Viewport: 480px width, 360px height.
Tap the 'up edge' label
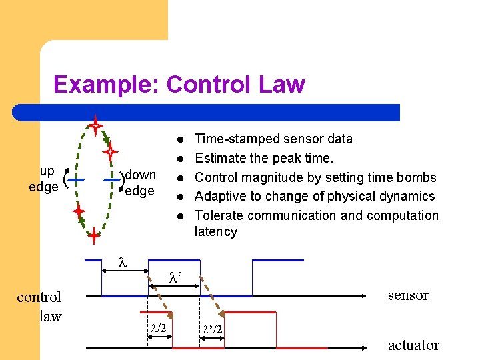[x=45, y=179]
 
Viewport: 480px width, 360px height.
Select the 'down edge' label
[x=140, y=183]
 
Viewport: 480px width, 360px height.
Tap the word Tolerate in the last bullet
[x=218, y=215]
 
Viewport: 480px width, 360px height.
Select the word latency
[x=215, y=231]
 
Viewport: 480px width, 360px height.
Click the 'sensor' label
[x=408, y=295]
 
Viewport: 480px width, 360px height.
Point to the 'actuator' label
[x=413, y=345]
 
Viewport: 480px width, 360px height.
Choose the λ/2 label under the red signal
[x=159, y=327]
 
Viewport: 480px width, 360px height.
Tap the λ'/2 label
[x=213, y=330]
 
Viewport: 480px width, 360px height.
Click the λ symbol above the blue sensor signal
[x=122, y=263]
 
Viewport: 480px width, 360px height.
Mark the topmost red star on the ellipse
[x=96, y=125]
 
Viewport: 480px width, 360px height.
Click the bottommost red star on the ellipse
[x=94, y=235]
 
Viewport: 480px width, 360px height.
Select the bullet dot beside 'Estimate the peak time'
[x=180, y=159]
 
